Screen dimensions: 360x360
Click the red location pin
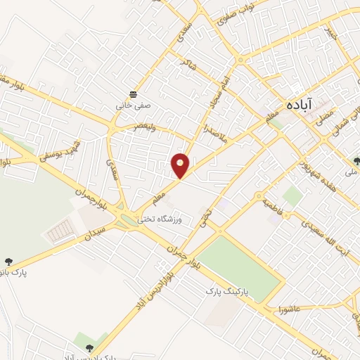pos(181,165)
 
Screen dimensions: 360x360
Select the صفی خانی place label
pos(134,108)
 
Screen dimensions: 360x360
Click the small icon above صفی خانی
pos(134,95)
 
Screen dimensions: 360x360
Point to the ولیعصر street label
pos(146,127)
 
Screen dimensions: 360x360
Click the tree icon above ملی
pos(356,161)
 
